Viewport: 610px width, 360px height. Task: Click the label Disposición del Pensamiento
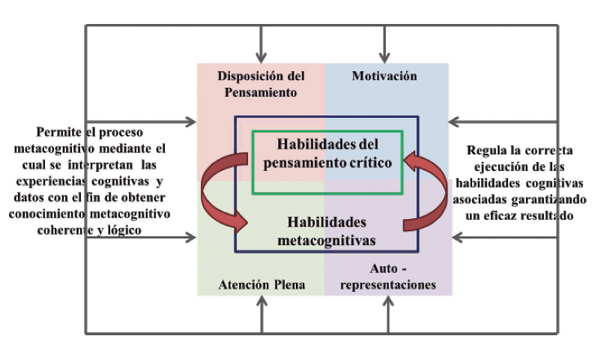(x=260, y=84)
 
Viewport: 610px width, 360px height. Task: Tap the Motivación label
(x=384, y=76)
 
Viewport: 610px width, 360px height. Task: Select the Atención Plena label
(x=262, y=285)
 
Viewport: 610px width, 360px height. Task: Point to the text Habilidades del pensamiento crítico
(x=327, y=153)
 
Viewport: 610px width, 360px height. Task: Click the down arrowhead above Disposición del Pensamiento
(x=261, y=57)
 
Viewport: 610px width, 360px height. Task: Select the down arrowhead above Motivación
(x=385, y=57)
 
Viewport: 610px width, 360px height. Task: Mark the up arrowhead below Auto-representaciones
(x=389, y=301)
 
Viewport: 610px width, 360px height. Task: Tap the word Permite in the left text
(x=57, y=132)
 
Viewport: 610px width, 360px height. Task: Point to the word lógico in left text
(x=124, y=231)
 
